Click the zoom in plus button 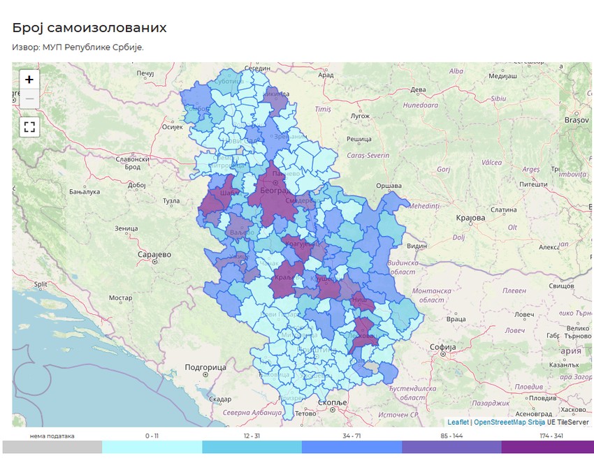tap(29, 80)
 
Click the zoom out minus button tap(29, 99)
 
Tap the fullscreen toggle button tap(29, 127)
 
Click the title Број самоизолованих tap(89, 28)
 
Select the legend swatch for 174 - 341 tap(547, 447)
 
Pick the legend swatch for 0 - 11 tap(152, 447)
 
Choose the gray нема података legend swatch tap(52, 447)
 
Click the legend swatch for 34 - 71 tap(352, 447)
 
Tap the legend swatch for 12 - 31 tap(252, 447)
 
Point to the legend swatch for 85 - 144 tap(451, 447)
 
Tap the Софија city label tap(443, 346)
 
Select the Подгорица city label tap(205, 367)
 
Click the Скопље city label tap(332, 403)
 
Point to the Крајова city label tap(470, 218)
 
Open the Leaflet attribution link tap(458, 422)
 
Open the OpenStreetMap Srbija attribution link tap(509, 422)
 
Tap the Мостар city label tap(120, 298)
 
